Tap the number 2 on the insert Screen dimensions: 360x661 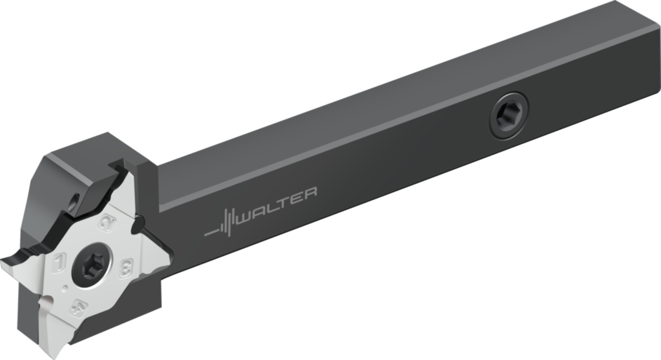click(106, 224)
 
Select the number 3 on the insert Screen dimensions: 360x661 click(127, 265)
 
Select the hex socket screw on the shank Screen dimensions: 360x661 click(507, 115)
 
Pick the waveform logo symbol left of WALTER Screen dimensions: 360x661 click(222, 222)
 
